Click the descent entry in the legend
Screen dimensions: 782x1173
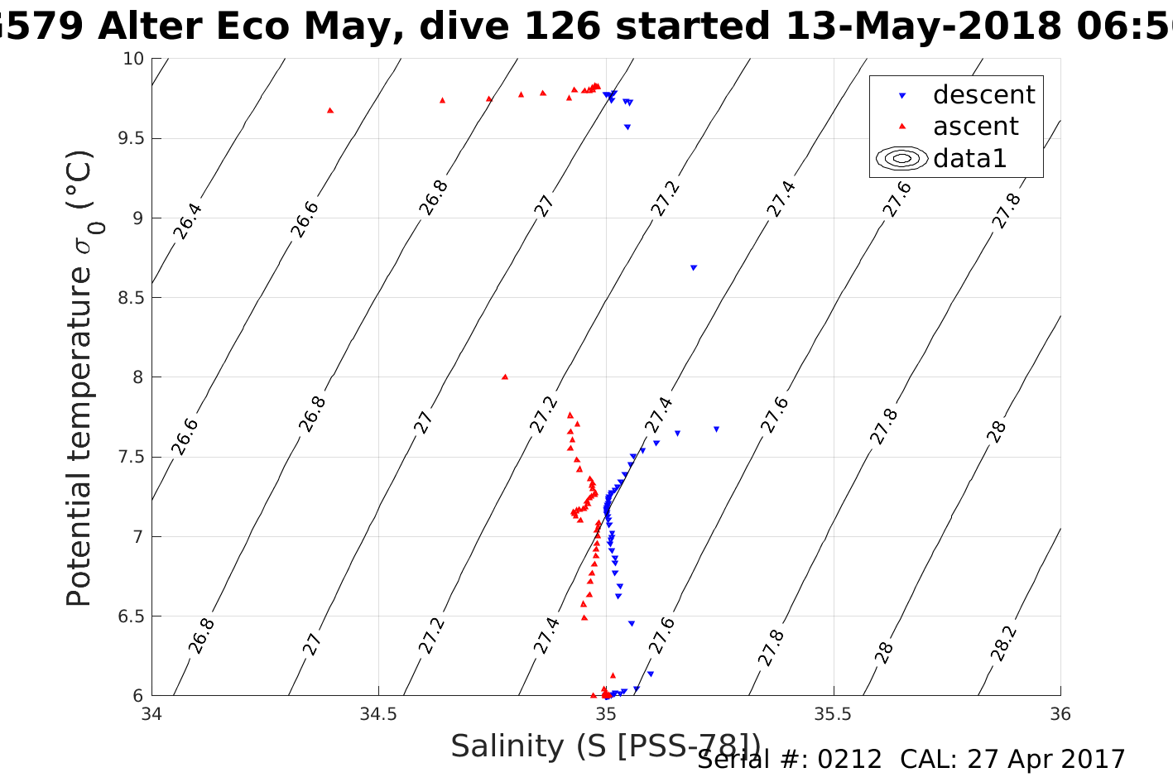983,95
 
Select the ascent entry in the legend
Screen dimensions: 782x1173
975,127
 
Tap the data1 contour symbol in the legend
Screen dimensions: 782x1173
902,158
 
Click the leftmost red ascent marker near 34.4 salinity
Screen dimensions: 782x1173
330,110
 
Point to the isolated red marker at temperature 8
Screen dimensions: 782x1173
504,377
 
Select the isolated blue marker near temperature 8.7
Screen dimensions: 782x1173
694,267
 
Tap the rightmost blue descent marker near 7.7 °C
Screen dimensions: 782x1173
716,429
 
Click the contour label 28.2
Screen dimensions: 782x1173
1004,642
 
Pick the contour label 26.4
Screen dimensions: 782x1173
188,220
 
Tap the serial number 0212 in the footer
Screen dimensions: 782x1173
850,760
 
